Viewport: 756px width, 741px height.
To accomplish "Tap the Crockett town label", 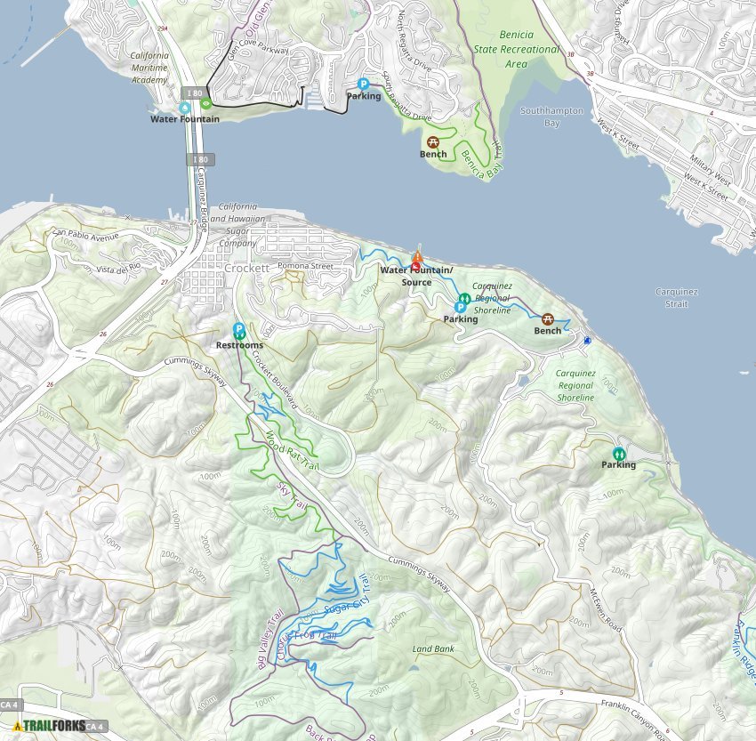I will (247, 268).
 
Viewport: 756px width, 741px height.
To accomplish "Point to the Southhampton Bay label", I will (551, 117).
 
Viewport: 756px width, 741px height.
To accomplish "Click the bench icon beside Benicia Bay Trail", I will (433, 141).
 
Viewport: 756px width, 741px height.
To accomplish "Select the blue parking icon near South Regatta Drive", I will (363, 84).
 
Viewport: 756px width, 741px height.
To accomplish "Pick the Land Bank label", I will (433, 649).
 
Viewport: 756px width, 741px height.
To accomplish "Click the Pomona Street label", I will (305, 266).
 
